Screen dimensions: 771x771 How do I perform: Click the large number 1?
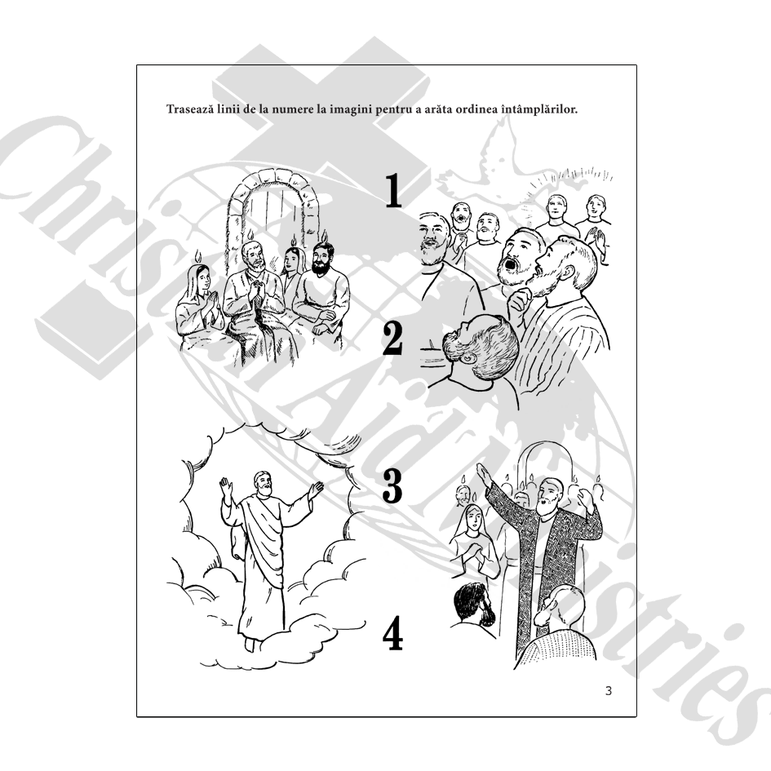[x=393, y=191]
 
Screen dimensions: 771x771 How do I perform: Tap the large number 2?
[x=392, y=339]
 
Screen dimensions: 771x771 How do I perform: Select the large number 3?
[x=392, y=485]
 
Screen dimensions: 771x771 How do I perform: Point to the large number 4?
[x=393, y=633]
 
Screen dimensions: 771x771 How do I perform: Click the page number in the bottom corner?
[x=609, y=691]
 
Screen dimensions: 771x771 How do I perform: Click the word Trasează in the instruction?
[x=190, y=109]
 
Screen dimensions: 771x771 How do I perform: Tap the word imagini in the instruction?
[x=351, y=109]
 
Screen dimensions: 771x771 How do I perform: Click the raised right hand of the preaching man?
[x=483, y=473]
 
